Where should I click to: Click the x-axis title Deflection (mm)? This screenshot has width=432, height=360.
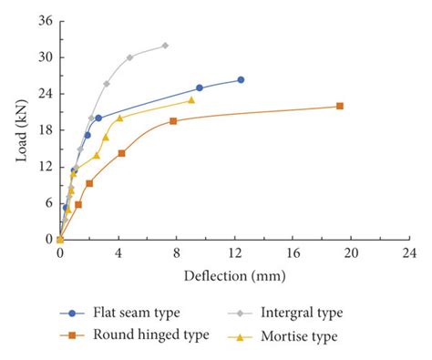click(x=234, y=275)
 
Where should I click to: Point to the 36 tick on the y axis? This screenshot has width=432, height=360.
click(x=44, y=21)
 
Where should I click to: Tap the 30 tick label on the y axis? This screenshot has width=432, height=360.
click(x=44, y=57)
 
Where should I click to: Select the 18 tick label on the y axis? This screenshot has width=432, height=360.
click(x=44, y=130)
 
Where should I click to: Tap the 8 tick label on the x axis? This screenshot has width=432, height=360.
click(x=177, y=254)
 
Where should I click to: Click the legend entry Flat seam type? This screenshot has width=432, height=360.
click(x=128, y=313)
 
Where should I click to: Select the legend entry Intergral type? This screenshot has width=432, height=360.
click(x=298, y=313)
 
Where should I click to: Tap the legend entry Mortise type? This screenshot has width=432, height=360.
click(x=298, y=335)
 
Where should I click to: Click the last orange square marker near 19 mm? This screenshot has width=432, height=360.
click(x=340, y=106)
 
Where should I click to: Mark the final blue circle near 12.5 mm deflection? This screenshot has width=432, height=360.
click(x=241, y=80)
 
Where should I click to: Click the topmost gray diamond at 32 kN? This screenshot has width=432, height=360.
click(x=165, y=46)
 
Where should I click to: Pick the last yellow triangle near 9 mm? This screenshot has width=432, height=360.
click(x=190, y=100)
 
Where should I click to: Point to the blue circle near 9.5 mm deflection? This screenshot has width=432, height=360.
click(x=199, y=88)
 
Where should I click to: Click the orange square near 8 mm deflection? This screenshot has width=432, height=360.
click(x=173, y=121)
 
